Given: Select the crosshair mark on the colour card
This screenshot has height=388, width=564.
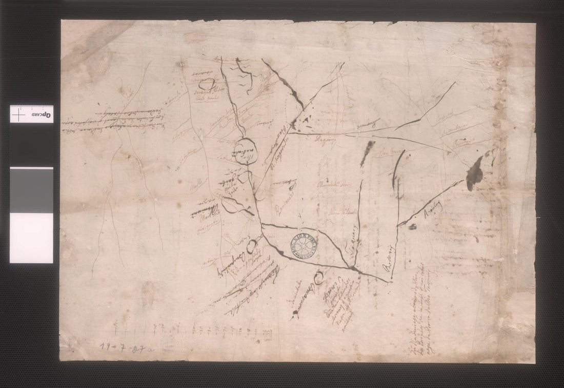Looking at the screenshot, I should click(x=18, y=115).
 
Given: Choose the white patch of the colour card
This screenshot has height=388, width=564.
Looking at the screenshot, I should click(x=31, y=237).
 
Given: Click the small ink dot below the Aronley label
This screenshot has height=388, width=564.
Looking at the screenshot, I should click(x=413, y=227).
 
